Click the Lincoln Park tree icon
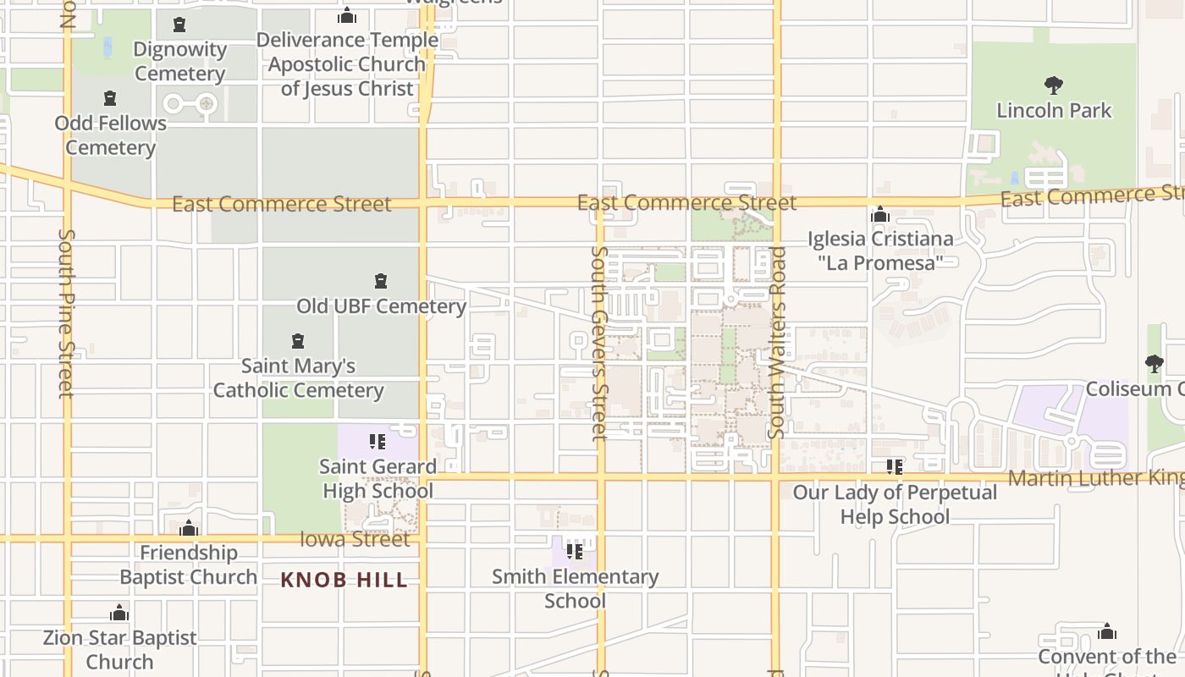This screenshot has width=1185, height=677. point(1053,85)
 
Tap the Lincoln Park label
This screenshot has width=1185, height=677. point(1054,110)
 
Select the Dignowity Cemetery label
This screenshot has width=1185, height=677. point(179,61)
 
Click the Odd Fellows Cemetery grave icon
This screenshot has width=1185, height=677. point(110,99)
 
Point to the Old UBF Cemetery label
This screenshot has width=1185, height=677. point(381,305)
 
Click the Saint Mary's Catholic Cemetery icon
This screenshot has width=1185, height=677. point(297,341)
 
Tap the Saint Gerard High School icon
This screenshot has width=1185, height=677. point(378,441)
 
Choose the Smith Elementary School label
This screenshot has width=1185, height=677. point(576,588)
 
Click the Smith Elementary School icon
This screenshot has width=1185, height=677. point(575,552)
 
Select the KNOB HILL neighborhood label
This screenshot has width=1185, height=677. point(344,580)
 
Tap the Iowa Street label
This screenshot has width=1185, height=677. point(355,539)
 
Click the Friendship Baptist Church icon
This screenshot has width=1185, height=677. point(189,529)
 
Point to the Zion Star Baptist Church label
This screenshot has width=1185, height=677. point(119,649)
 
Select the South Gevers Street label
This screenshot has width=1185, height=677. point(599,343)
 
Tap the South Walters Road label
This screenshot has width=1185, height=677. point(777,343)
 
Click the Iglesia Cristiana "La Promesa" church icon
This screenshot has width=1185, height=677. point(880,215)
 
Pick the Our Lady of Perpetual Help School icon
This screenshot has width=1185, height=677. point(895,466)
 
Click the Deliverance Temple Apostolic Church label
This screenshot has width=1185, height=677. point(347,63)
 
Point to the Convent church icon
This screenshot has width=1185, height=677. point(1106,631)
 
